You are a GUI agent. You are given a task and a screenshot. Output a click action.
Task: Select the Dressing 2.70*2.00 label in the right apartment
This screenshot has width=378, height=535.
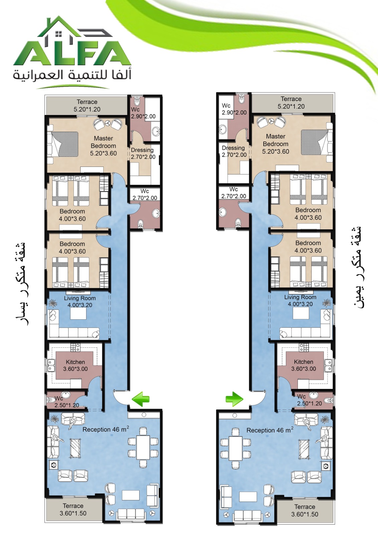234,151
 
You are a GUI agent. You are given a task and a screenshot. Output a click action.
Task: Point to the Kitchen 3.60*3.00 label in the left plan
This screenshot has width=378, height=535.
76,365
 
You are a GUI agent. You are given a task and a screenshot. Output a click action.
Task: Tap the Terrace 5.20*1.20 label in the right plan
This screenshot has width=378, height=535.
291,103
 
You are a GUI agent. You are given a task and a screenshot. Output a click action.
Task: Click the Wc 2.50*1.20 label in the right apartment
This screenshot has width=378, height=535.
309,400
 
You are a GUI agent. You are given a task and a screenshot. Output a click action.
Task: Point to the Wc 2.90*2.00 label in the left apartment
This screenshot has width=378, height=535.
143,113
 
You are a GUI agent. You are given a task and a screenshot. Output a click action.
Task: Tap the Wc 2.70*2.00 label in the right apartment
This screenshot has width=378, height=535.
234,193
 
